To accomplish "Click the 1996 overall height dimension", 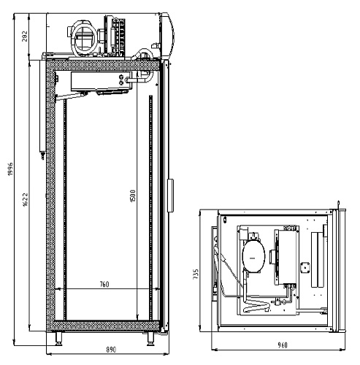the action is tap(10, 169).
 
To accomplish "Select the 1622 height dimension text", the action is tap(26, 200).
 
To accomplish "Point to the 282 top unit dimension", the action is tap(26, 36).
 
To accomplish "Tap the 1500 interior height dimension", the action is tap(133, 196).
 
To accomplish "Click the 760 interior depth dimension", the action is tap(104, 284).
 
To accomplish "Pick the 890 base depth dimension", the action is tap(111, 350).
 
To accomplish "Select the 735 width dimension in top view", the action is tap(196, 274).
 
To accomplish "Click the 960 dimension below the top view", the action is tap(283, 345).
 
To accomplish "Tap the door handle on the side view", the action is tap(171, 196).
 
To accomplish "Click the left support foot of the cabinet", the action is tap(58, 339).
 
